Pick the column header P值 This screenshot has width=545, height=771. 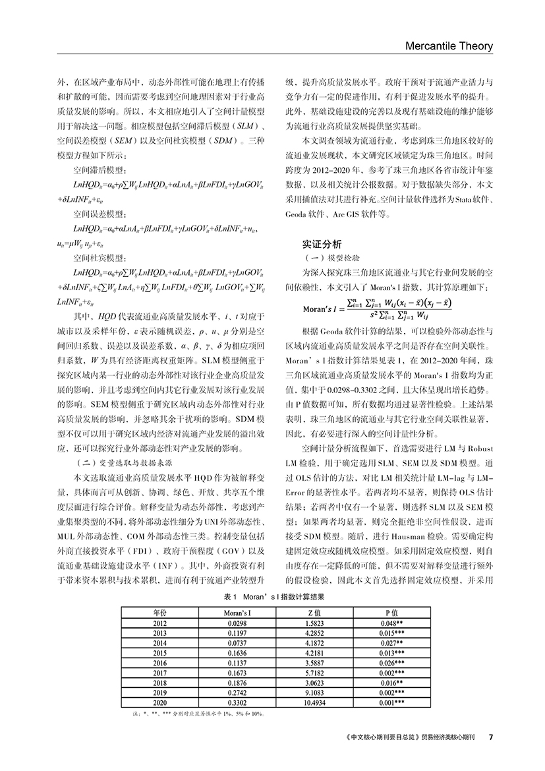coord(391,612)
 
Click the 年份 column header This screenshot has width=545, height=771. coord(159,612)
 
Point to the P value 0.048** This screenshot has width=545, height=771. coord(391,623)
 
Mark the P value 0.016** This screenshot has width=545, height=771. coord(391,683)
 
